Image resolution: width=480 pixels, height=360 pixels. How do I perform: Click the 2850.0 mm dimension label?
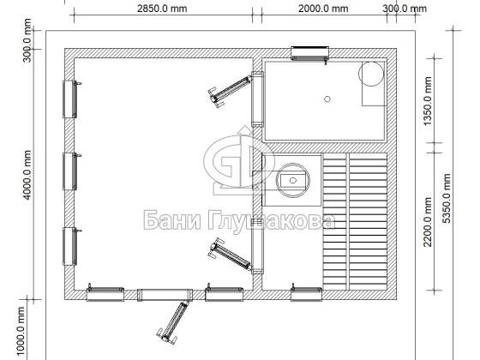pos(162,9)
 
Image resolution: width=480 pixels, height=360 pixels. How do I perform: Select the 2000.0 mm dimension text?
pos(323,9)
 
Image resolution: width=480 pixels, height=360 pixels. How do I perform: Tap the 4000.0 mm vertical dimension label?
pos(27,175)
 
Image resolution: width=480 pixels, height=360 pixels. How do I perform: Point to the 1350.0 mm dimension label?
pos(428,101)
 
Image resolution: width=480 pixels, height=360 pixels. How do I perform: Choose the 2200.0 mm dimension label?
pos(428,222)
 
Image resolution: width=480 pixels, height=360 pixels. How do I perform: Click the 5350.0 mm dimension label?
pos(447,198)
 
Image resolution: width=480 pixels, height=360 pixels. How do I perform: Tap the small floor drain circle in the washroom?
pos(327,99)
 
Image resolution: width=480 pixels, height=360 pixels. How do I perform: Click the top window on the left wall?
pos(70,99)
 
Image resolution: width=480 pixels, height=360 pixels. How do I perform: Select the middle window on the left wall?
pos(70,171)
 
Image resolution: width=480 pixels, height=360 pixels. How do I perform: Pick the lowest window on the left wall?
pos(70,246)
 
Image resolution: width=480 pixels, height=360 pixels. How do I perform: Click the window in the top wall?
pos(309,53)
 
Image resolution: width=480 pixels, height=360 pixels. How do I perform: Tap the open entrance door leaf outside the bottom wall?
pos(173,321)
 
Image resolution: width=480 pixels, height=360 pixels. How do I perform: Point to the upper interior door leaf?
pos(230,90)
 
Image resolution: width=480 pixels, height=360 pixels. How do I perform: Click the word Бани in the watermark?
pos(172,220)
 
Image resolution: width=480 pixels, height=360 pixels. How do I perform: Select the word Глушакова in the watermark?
pos(271,221)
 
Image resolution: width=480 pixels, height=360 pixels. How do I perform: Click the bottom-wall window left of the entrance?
pos(105,293)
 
